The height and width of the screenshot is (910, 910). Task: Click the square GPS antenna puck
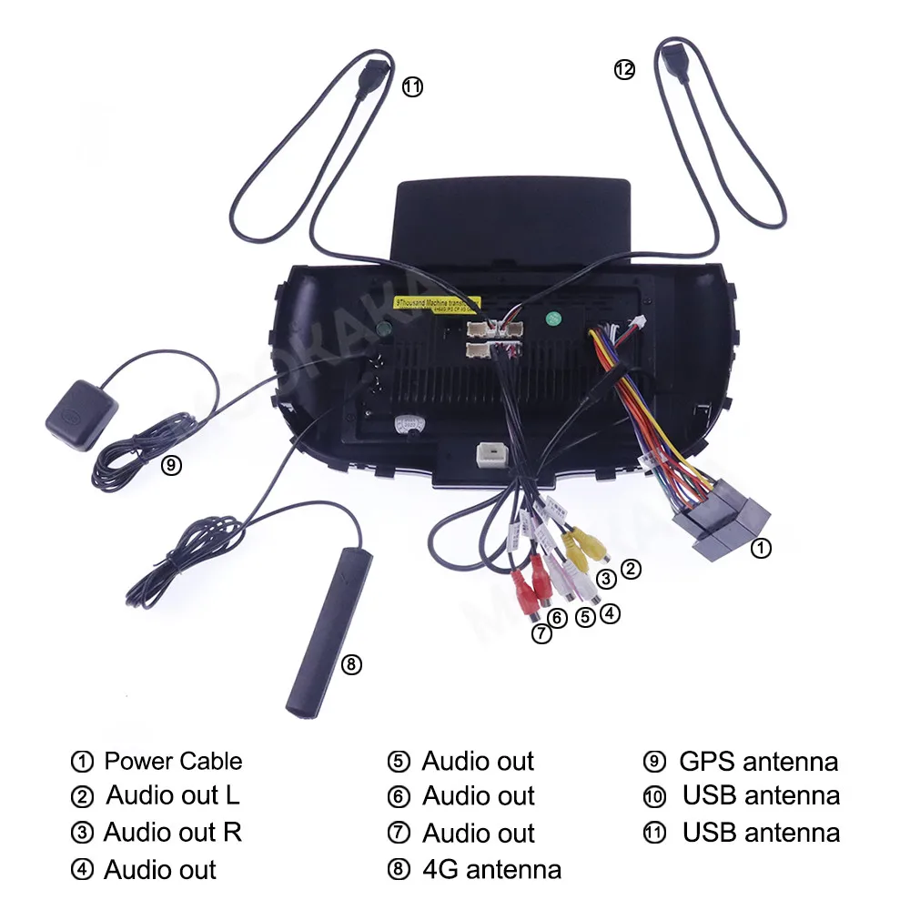tap(80, 415)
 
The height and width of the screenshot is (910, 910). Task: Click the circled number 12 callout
tap(623, 69)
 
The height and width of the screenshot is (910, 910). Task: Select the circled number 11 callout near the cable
tap(412, 87)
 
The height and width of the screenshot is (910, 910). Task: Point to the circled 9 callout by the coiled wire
tap(171, 465)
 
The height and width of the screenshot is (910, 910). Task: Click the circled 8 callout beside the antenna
tap(351, 665)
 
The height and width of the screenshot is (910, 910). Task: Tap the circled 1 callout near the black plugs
tap(761, 548)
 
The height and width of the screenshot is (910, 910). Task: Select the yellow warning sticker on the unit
tap(434, 301)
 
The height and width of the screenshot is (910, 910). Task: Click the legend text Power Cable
tap(173, 761)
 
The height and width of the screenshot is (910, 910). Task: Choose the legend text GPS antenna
tap(758, 761)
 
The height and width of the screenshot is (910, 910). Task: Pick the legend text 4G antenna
tap(491, 869)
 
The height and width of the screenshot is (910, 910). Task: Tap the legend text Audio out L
tap(173, 795)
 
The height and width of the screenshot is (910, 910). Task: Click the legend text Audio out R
tap(173, 832)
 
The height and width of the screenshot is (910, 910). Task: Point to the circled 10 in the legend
tap(654, 796)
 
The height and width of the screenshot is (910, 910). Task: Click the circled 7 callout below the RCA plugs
tap(542, 634)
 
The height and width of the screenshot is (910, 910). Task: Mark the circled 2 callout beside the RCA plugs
tap(631, 571)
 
